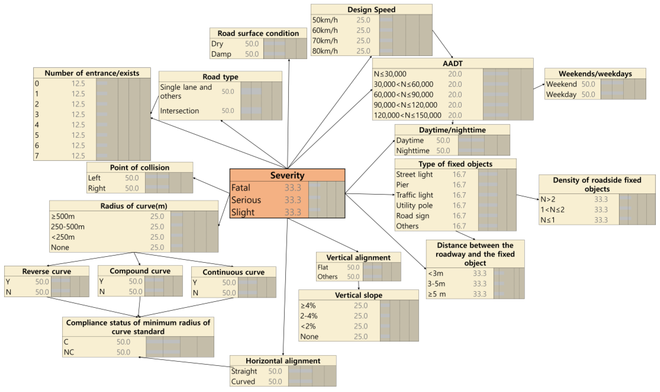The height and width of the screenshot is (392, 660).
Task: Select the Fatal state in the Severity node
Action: point(241,188)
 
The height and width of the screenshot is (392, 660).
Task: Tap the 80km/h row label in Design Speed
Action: point(325,51)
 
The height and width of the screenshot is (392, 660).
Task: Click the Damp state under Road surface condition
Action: point(221,54)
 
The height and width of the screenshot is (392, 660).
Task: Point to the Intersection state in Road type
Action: point(179,111)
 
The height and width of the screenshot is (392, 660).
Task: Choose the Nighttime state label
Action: point(413,151)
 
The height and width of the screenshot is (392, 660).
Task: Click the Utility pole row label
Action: point(414,205)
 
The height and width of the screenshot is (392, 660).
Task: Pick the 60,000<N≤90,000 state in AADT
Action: point(403,95)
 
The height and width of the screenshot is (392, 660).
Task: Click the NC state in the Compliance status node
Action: point(69,352)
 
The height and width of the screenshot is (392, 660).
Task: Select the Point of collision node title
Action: point(140,167)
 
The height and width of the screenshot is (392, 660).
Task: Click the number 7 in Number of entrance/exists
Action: point(37,156)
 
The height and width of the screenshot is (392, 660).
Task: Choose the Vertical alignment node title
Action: point(358,258)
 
